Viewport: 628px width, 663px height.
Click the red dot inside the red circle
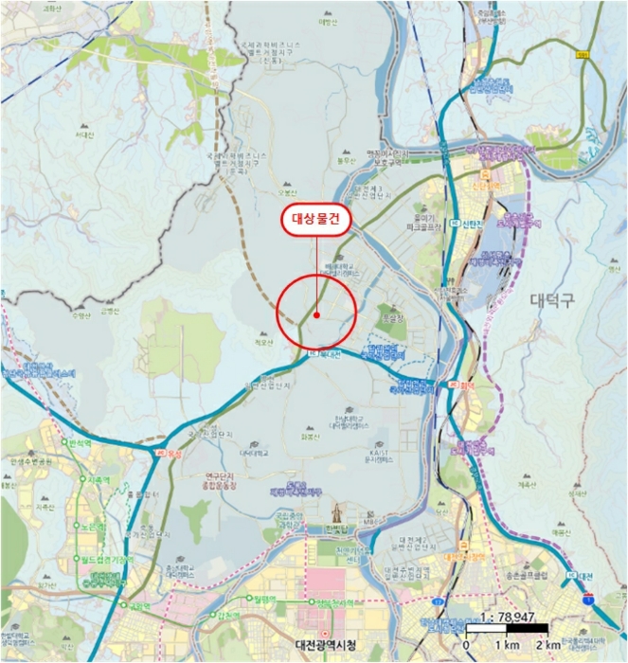point(316,314)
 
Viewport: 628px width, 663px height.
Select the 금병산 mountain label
point(112,311)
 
